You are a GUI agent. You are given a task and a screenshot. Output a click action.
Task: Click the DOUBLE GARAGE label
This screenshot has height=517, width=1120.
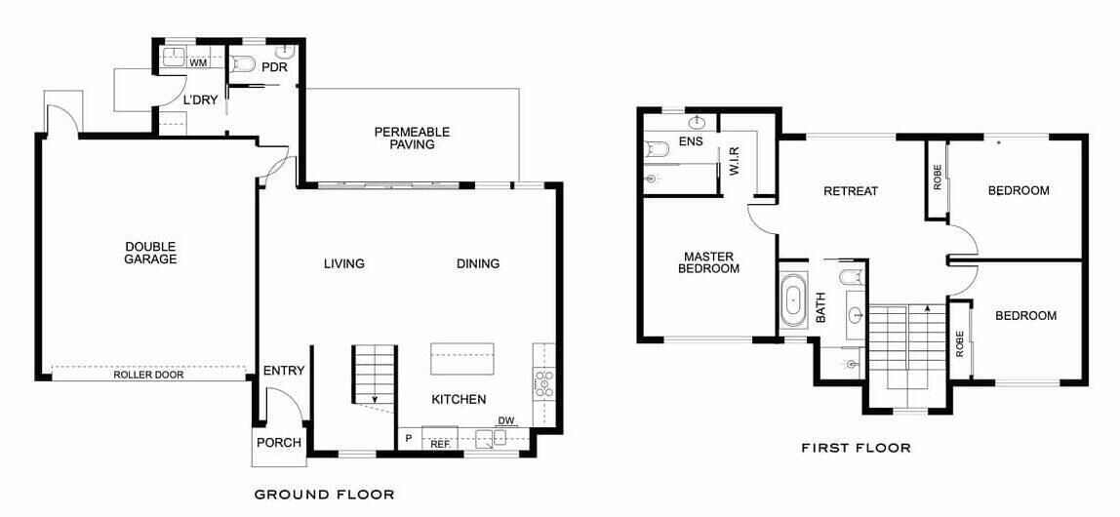(150, 253)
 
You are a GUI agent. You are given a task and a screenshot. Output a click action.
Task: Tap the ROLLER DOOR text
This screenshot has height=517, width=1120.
(148, 375)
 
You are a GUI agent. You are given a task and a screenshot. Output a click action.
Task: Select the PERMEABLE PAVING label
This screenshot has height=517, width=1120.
(412, 138)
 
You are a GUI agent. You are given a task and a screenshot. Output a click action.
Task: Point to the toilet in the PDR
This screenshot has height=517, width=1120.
(244, 63)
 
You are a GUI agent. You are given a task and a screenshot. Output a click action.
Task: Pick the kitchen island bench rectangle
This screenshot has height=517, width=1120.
(462, 358)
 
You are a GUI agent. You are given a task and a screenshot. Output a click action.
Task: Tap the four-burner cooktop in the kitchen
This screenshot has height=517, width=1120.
(544, 383)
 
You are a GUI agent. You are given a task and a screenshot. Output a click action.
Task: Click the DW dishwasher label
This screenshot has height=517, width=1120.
(505, 420)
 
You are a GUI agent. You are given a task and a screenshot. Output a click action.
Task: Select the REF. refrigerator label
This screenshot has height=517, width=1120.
(439, 444)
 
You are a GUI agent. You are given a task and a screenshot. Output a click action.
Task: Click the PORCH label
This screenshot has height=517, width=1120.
(279, 443)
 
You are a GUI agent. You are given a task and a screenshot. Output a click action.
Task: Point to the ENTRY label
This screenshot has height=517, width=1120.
(284, 371)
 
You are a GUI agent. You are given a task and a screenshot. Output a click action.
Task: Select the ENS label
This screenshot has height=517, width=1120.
(691, 141)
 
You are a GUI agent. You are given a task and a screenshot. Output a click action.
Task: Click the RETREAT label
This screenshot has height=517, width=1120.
(851, 191)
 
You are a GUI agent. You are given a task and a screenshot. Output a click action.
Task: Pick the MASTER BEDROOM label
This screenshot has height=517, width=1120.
(708, 262)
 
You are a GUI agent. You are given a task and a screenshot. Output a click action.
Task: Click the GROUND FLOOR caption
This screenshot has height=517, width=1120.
(324, 495)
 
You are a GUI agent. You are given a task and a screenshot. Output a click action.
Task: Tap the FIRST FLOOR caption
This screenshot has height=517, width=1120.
(856, 449)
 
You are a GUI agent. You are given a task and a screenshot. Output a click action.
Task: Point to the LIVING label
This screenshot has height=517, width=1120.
(344, 263)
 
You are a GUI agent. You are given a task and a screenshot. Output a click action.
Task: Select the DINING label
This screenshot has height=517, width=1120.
(478, 263)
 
